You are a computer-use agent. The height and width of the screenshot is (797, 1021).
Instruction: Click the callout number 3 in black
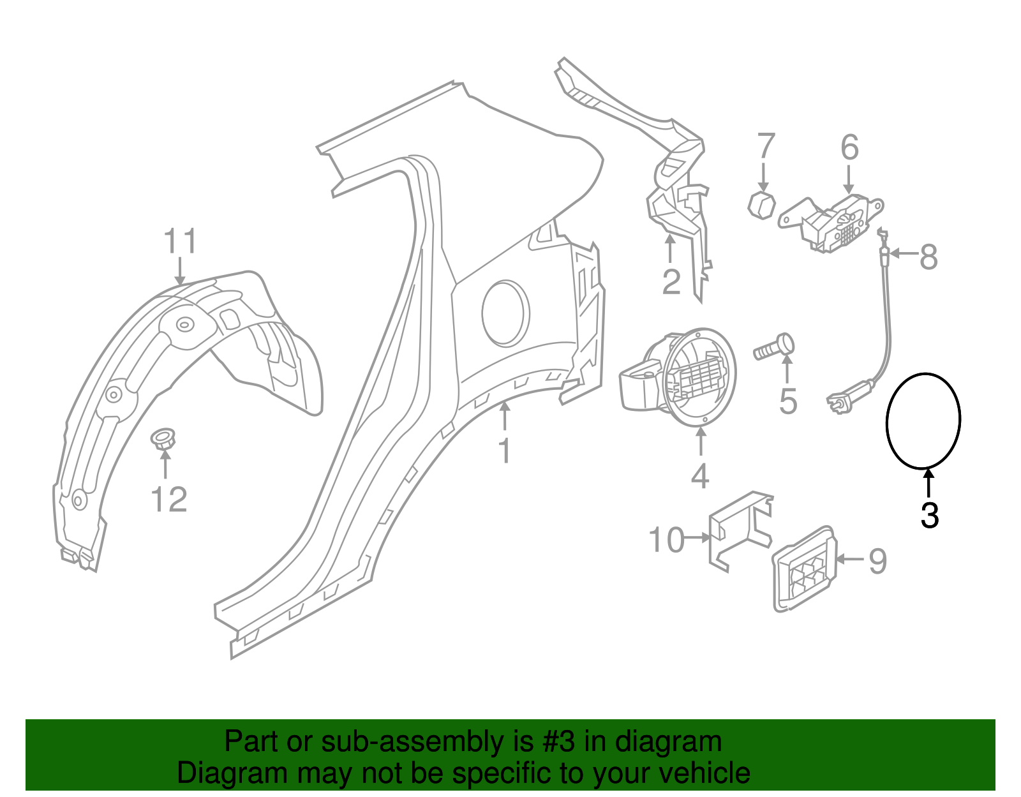(x=930, y=516)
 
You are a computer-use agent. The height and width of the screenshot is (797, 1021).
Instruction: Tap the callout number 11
(x=180, y=242)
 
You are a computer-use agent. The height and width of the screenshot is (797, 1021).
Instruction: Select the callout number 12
(x=169, y=500)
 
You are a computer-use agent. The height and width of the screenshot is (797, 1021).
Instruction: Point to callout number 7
(x=766, y=146)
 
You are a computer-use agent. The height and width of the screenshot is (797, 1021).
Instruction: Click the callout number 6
(x=849, y=147)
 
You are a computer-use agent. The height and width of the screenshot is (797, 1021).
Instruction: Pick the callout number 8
(x=928, y=257)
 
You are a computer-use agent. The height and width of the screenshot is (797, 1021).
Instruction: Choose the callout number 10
(x=666, y=540)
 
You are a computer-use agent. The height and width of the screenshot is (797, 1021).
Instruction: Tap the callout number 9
(x=878, y=561)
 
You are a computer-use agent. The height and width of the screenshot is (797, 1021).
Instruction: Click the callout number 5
(x=788, y=401)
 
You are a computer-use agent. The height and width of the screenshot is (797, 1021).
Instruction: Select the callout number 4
(x=700, y=476)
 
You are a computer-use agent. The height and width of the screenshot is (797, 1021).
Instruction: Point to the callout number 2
(x=671, y=281)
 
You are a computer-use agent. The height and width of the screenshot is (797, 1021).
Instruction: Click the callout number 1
(x=505, y=451)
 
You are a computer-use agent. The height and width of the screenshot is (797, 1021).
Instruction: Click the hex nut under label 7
(x=761, y=204)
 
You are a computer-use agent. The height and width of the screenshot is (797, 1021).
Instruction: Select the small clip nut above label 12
(x=163, y=439)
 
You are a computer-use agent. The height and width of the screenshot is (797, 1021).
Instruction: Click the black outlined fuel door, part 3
(x=923, y=421)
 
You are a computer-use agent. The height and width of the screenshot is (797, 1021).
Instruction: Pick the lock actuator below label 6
(x=836, y=223)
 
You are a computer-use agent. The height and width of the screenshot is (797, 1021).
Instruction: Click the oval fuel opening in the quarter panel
(x=505, y=313)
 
